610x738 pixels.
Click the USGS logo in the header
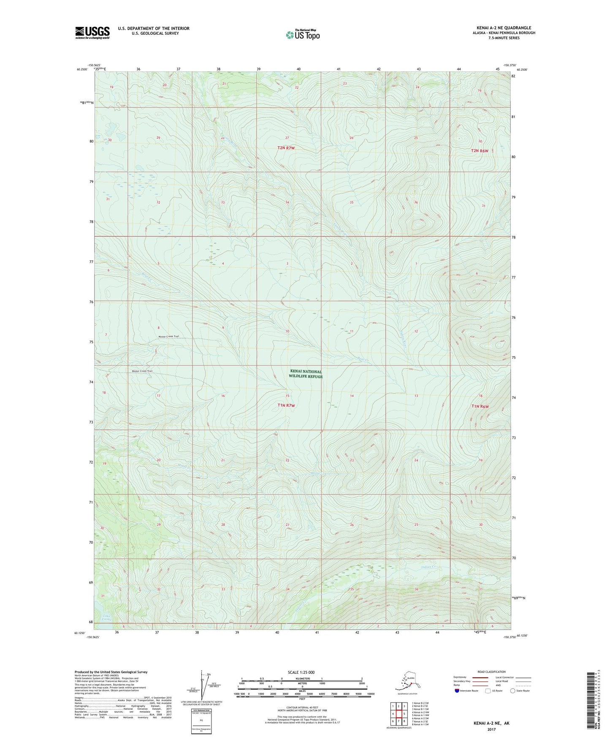[x=92, y=33]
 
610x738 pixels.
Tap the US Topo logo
[x=302, y=34]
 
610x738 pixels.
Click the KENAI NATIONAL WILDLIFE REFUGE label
[x=305, y=374]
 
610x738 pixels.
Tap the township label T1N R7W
[x=286, y=405]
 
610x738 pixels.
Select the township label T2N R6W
[x=480, y=151]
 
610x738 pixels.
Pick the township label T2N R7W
[x=286, y=148]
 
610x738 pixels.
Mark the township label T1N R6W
[x=480, y=407]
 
